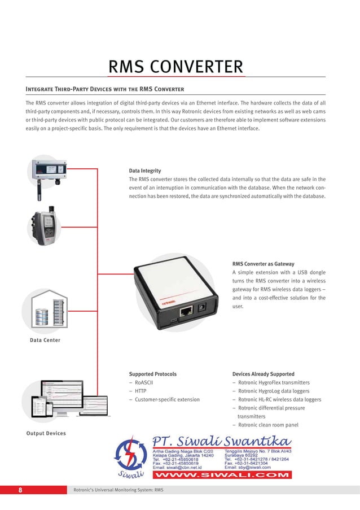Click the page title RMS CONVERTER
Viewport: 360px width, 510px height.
[176, 68]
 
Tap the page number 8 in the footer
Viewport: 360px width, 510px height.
[20, 490]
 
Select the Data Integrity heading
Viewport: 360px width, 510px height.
[145, 171]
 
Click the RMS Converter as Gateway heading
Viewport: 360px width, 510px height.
[263, 263]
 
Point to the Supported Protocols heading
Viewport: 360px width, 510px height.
[152, 374]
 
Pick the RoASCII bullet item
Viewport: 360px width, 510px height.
[143, 382]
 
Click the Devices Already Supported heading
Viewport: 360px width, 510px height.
[263, 374]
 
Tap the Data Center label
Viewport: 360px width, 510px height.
[45, 340]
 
